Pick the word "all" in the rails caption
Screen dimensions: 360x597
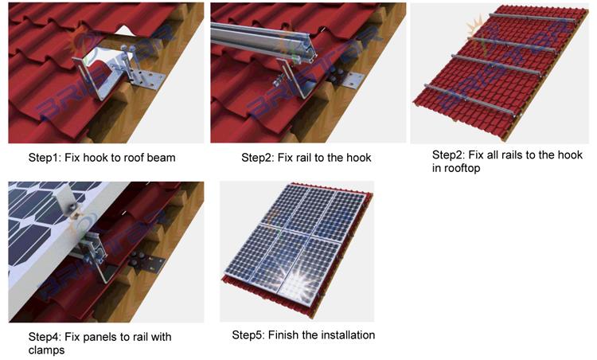click(x=494, y=155)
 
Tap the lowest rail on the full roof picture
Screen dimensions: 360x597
click(x=470, y=100)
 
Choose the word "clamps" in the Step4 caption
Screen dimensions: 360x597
click(x=47, y=350)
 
